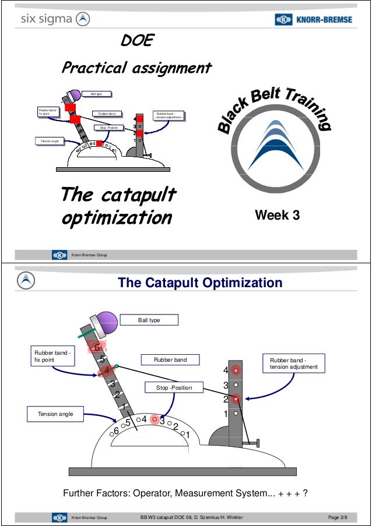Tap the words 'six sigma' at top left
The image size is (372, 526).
[47, 19]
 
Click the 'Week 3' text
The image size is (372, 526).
[278, 216]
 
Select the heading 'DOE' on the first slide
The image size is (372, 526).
[136, 41]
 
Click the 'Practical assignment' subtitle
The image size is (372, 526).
[136, 68]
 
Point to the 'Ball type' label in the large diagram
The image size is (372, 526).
[149, 320]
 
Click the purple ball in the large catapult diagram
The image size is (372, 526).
[107, 322]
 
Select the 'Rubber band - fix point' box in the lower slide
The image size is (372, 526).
[52, 356]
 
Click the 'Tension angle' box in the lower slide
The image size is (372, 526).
[55, 414]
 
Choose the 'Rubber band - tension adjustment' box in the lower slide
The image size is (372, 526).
[293, 363]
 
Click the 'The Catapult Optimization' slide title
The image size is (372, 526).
[200, 283]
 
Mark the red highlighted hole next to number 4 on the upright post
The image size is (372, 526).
[236, 370]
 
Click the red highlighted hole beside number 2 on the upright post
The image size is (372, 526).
[236, 399]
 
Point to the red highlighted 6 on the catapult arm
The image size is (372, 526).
[97, 348]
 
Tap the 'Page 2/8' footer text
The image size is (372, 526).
[338, 517]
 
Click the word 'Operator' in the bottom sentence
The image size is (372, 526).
[152, 494]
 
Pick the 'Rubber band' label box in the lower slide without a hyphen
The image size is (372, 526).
[170, 360]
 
